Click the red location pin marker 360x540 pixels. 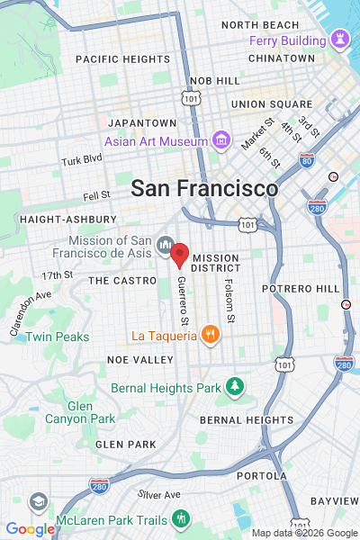pyautogui.click(x=180, y=255)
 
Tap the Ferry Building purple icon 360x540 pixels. pyautogui.click(x=339, y=40)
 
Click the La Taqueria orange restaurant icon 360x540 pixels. pyautogui.click(x=210, y=336)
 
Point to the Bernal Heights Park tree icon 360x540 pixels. pyautogui.click(x=235, y=387)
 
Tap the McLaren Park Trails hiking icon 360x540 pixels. pyautogui.click(x=182, y=518)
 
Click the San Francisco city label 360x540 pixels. pyautogui.click(x=204, y=188)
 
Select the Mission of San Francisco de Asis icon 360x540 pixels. pyautogui.click(x=166, y=245)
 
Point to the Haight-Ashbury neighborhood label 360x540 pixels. pyautogui.click(x=67, y=219)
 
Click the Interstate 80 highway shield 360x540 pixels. pyautogui.click(x=307, y=162)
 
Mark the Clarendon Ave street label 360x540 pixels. pyautogui.click(x=31, y=313)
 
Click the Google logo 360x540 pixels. pyautogui.click(x=30, y=529)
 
